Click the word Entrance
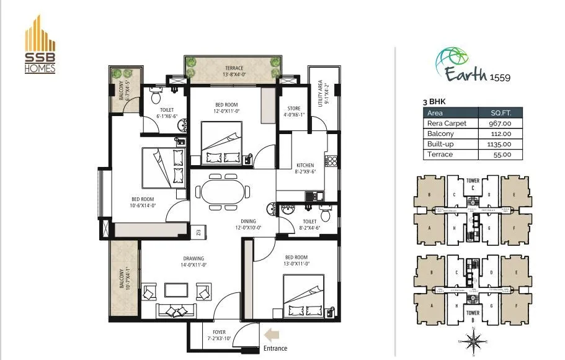(x=275, y=349)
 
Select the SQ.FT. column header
(x=500, y=113)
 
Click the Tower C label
(x=473, y=184)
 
